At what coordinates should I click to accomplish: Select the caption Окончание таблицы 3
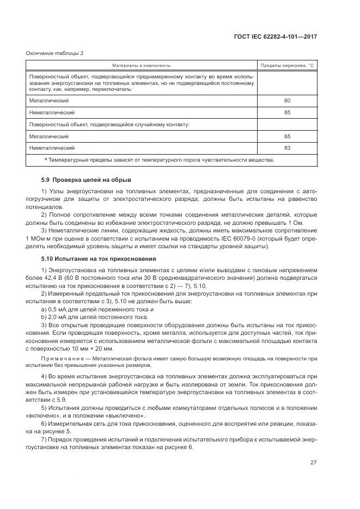(55, 53)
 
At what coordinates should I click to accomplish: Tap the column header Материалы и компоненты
(142, 65)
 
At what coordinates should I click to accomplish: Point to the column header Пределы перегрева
(287, 65)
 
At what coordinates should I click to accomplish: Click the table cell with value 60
(287, 101)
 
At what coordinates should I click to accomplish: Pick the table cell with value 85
(287, 112)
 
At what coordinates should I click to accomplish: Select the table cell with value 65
(287, 136)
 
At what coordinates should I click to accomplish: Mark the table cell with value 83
(287, 148)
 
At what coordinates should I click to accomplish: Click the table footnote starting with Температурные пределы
(161, 160)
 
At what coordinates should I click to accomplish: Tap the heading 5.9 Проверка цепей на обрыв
(86, 180)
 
